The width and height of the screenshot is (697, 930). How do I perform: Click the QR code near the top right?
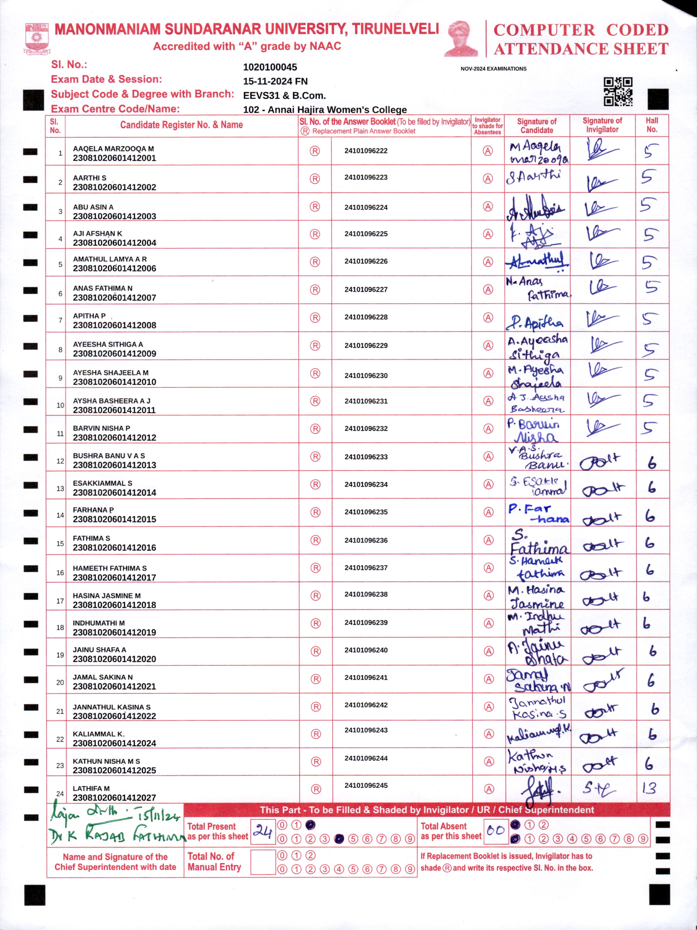tap(618, 91)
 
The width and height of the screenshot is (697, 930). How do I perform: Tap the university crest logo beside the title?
tap(37, 38)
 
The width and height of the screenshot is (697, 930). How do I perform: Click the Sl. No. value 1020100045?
tap(270, 67)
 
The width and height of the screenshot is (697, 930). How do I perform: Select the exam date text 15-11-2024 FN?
tap(275, 81)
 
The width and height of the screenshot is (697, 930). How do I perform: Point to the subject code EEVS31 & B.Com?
tap(284, 95)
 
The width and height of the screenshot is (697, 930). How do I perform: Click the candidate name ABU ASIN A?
tap(93, 207)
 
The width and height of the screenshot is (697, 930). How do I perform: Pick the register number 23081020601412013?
tap(114, 465)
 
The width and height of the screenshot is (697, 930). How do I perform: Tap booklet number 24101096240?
tap(366, 650)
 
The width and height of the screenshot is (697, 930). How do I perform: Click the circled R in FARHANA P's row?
tap(315, 512)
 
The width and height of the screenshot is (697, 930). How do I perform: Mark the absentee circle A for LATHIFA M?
tap(489, 789)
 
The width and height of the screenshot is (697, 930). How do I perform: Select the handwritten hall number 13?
tap(649, 788)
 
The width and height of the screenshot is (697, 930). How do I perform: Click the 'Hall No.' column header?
tap(652, 125)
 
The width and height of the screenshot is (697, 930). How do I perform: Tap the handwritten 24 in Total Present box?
tap(263, 831)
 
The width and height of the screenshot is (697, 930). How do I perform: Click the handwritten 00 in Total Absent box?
tap(495, 830)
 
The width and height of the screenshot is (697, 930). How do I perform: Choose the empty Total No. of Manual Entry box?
tap(263, 862)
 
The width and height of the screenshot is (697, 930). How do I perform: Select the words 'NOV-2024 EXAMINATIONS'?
tap(493, 69)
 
